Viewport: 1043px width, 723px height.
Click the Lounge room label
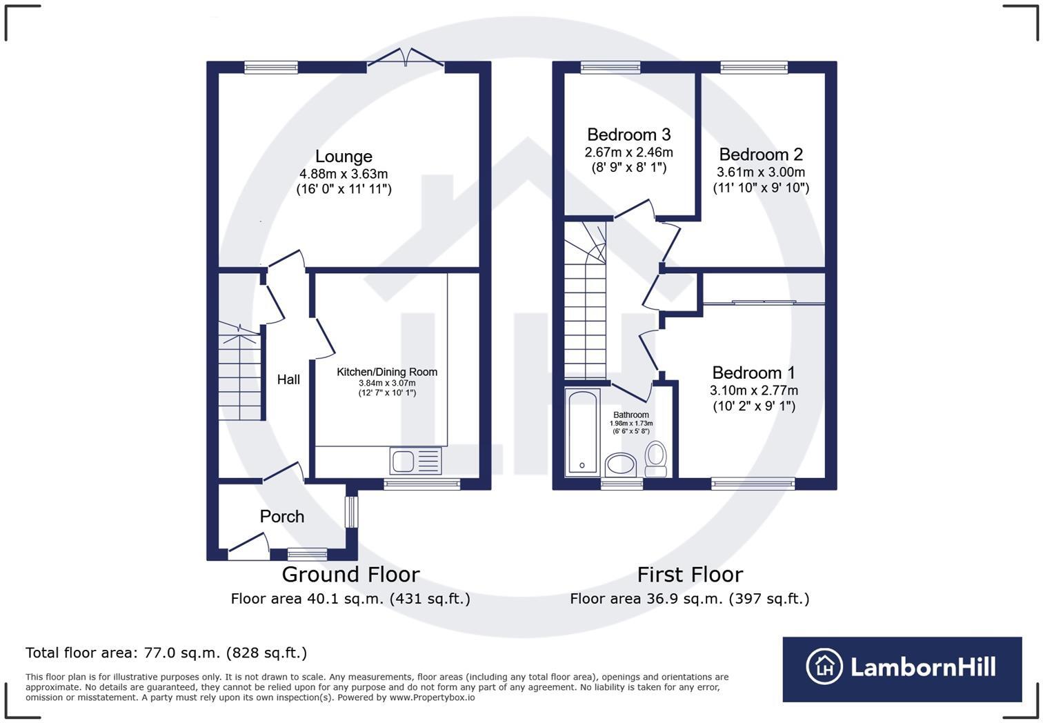344,157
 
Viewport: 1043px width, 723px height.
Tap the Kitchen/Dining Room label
387,372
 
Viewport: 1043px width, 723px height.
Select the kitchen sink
416,460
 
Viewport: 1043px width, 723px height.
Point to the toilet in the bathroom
655,458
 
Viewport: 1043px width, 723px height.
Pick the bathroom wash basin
621,464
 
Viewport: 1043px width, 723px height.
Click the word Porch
281,516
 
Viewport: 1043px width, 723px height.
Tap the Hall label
288,379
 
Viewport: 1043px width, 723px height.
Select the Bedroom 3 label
628,135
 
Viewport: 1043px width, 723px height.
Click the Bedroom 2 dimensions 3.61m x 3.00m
761,172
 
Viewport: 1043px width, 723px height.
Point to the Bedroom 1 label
753,373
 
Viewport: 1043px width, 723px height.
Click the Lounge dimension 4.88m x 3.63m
344,174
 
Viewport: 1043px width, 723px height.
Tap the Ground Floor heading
350,575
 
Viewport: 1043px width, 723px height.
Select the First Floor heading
690,575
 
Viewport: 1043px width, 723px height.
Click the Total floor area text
166,653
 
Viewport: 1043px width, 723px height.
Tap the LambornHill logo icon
824,666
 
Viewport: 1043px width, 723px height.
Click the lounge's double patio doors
406,59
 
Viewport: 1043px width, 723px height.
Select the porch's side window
352,512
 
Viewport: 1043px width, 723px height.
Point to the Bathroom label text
631,415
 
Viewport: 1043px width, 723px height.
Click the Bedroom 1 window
753,484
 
